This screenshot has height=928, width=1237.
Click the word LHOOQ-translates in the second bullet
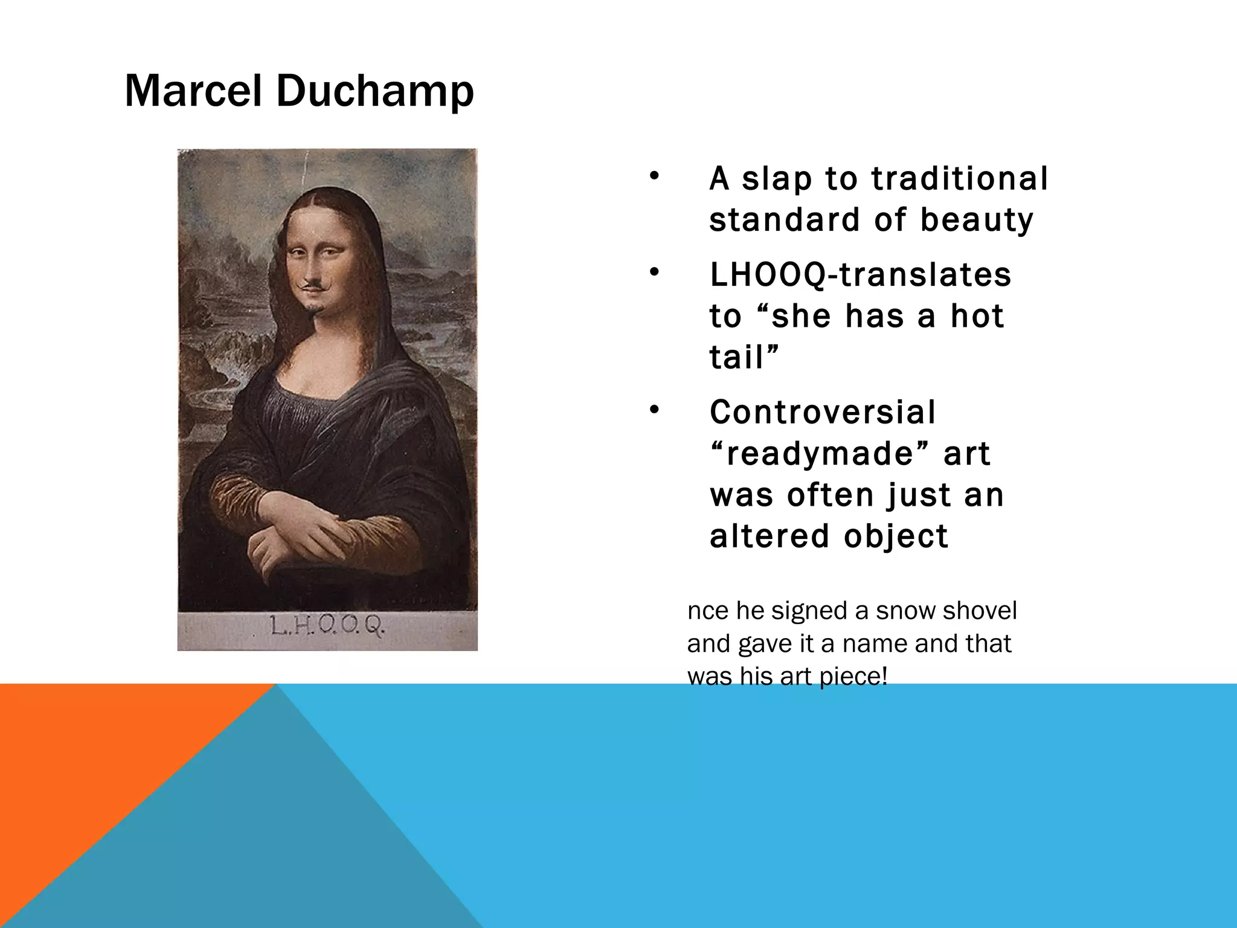point(860,275)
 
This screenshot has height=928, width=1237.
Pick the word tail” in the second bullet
point(744,357)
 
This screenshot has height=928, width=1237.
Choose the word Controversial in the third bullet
point(823,413)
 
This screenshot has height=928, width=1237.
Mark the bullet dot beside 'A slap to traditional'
point(653,178)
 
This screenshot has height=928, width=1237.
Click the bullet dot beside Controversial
point(653,411)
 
